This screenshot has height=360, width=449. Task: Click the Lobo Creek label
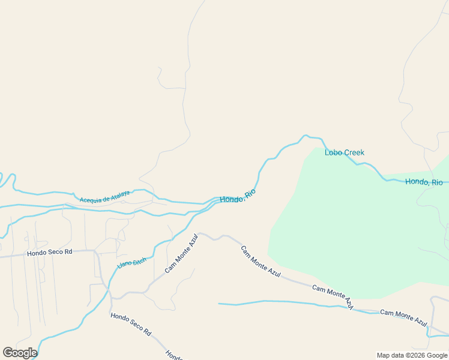pos(345,152)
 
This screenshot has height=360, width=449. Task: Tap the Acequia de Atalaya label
pos(104,196)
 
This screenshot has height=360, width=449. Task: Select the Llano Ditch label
pos(132,258)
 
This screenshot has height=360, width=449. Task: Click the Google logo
pos(20,353)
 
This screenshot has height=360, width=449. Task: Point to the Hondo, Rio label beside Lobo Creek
pos(424,182)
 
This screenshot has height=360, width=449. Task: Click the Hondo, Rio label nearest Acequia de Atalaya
pos(238,196)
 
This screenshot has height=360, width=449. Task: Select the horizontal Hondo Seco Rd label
pos(49,253)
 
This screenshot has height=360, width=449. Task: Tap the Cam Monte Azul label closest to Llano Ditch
pos(181,253)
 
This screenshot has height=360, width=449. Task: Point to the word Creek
pos(354,152)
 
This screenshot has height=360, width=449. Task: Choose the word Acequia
pos(89,198)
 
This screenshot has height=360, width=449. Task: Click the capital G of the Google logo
pos(8,353)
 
